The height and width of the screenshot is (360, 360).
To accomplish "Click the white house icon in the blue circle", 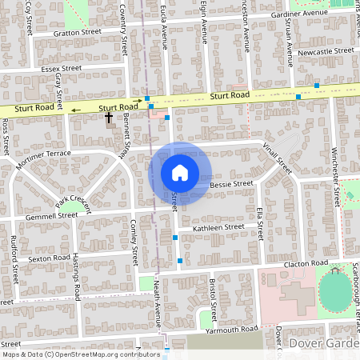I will (x=180, y=172).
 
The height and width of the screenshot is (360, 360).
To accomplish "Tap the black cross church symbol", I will (x=109, y=118).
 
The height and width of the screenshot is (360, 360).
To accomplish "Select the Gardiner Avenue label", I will (x=301, y=14).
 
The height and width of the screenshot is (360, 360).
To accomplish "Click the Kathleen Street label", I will (x=212, y=227).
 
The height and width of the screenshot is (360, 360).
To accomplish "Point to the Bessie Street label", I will (x=231, y=183).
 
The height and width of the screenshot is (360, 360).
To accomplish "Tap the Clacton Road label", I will (x=306, y=262).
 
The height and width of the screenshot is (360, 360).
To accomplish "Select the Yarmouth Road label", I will (x=232, y=329).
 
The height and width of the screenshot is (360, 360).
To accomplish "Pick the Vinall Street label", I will (x=279, y=158).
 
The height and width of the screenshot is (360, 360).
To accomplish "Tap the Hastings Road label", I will (x=76, y=277).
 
